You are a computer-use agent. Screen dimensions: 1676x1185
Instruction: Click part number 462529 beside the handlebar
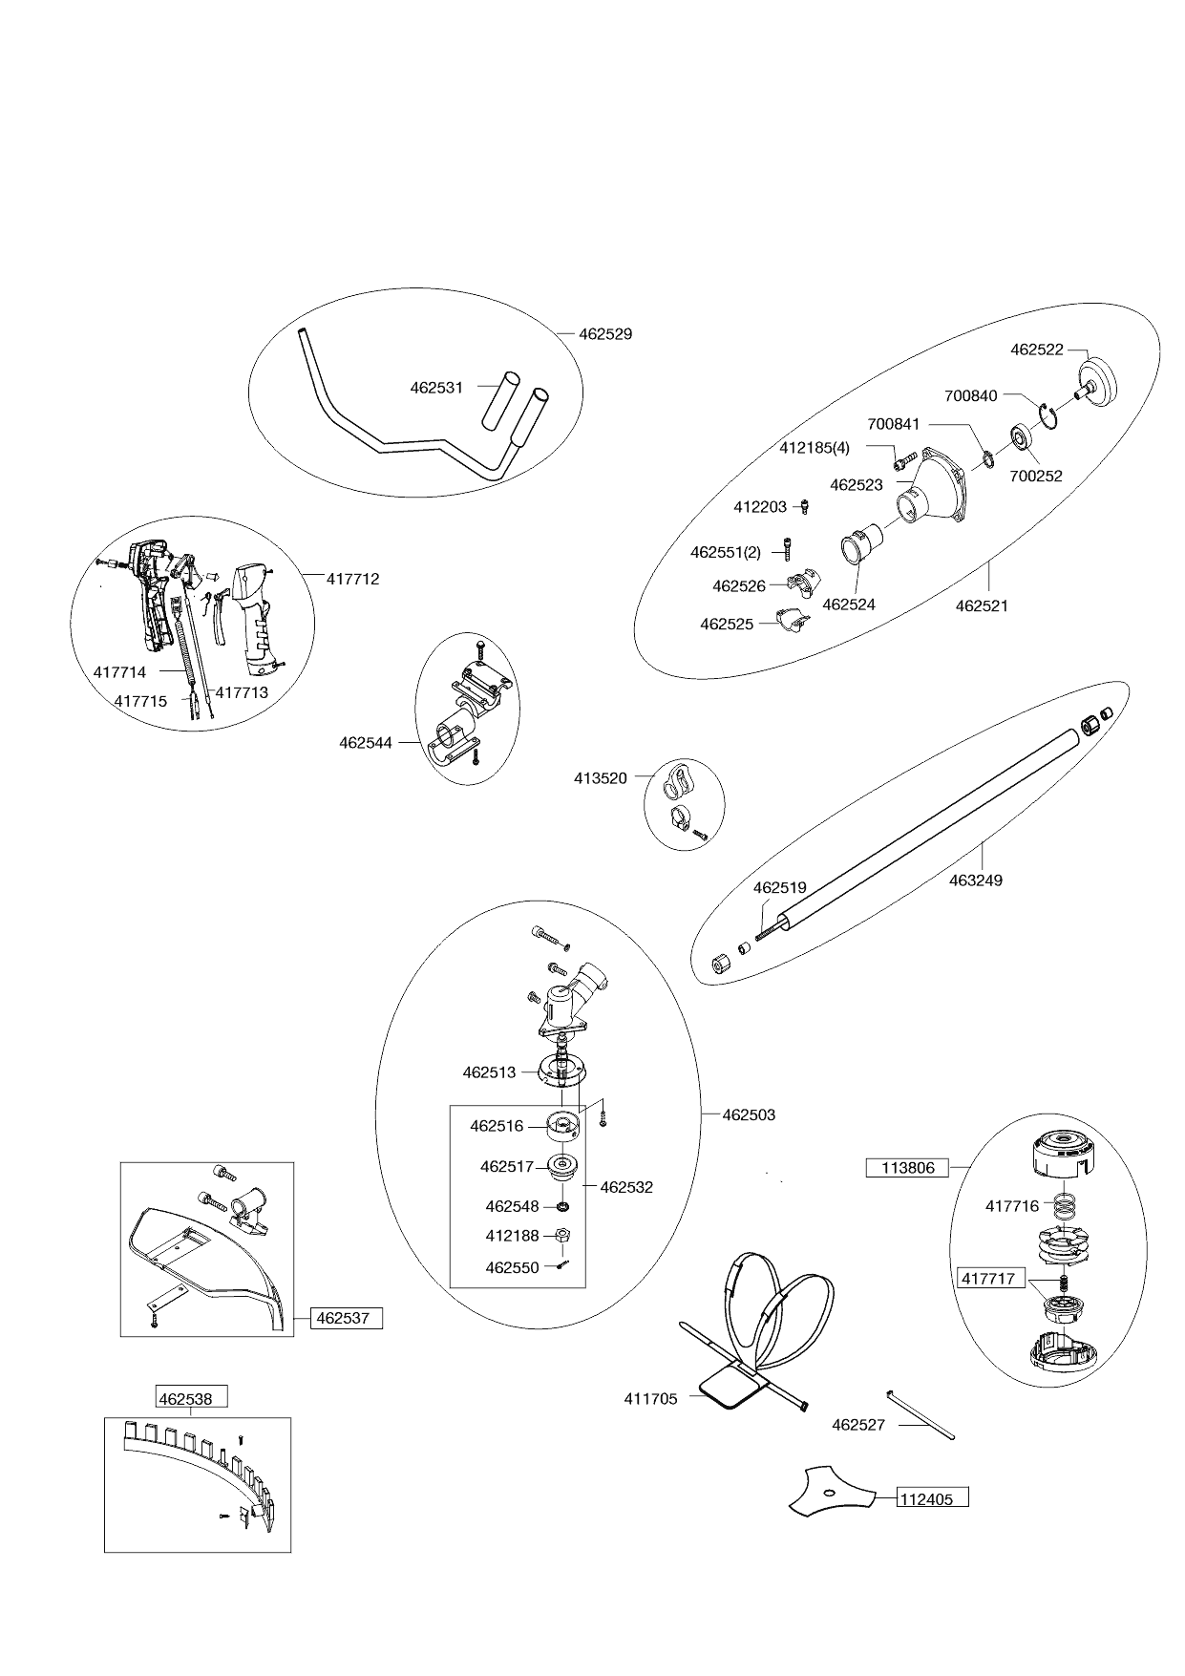605,334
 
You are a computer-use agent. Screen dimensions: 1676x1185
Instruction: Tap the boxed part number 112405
926,1498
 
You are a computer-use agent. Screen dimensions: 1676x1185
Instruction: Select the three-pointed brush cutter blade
829,1493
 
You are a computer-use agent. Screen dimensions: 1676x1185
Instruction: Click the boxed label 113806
907,1167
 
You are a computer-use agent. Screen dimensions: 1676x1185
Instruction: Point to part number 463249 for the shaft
976,880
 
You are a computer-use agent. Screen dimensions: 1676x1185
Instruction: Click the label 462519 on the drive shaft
780,887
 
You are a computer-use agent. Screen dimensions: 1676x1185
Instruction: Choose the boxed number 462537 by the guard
344,1319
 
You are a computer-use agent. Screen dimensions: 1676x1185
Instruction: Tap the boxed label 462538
192,1399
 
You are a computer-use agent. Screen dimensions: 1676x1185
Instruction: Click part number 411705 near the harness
650,1399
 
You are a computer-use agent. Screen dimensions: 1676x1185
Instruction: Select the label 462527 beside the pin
858,1425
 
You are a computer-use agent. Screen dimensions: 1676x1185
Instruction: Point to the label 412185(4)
815,447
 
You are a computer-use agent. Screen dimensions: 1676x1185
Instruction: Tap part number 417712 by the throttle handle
352,579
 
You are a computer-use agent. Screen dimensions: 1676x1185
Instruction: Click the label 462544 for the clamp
366,742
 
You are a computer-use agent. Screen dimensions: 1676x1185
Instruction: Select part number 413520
601,778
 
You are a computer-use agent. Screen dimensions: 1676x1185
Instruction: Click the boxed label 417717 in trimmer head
987,1278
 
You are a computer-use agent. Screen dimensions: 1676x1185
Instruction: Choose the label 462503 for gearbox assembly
749,1114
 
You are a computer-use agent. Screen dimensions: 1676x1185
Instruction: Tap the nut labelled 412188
563,1236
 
